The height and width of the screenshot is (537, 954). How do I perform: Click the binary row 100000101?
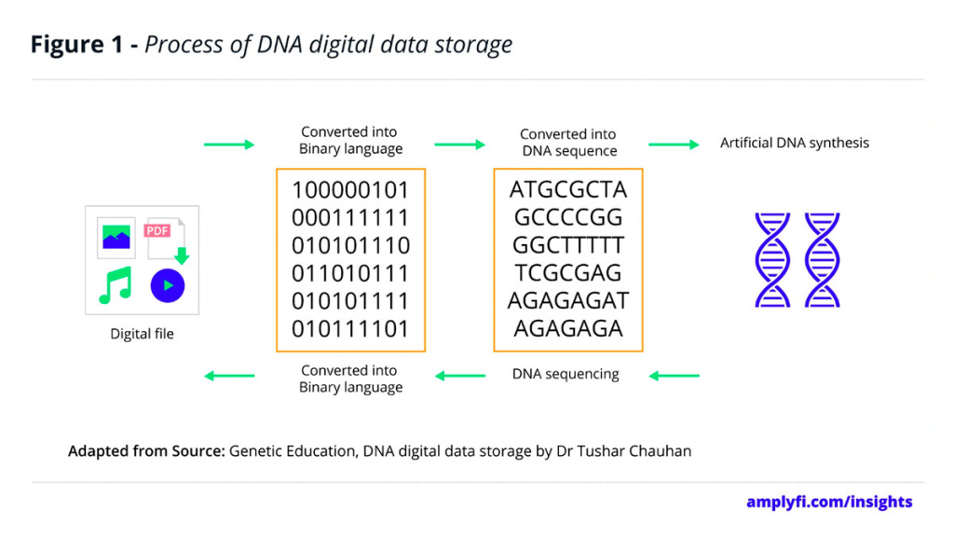[350, 190]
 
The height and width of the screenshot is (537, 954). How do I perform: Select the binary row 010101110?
[350, 246]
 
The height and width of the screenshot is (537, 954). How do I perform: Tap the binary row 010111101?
[350, 329]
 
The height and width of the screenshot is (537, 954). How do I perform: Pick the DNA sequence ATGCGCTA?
[568, 190]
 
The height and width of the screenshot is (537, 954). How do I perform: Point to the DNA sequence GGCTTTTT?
[568, 246]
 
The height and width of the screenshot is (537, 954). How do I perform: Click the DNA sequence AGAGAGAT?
[568, 301]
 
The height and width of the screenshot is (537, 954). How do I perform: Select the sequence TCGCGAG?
[568, 273]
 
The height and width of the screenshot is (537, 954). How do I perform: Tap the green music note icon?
[116, 285]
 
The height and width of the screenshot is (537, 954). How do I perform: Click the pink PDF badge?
[157, 230]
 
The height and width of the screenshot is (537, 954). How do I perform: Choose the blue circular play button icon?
[168, 285]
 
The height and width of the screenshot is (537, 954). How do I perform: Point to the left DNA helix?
[772, 260]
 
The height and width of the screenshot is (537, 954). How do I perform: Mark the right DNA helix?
[823, 260]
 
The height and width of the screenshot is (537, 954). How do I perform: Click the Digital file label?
[142, 334]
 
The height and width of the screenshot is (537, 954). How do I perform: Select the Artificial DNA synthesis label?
[795, 144]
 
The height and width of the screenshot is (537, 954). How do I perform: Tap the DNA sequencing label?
[566, 374]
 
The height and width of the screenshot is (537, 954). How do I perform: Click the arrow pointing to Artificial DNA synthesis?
[674, 145]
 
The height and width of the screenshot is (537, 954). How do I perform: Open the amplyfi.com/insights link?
[829, 502]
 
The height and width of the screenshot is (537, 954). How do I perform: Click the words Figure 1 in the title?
[79, 45]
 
